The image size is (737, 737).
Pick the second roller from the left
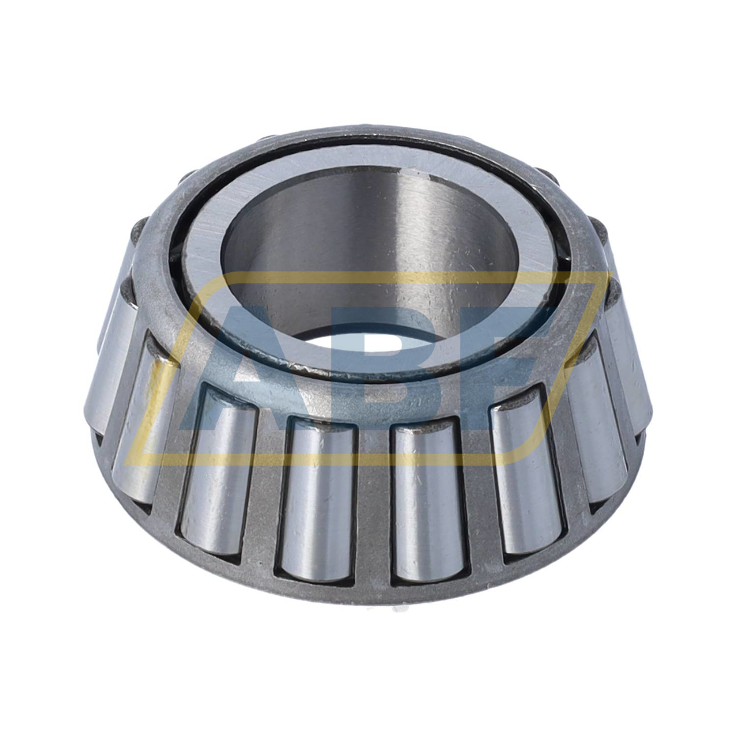[140, 418]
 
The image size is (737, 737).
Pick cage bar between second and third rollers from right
[570, 452]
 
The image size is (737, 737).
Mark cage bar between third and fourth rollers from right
[479, 491]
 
